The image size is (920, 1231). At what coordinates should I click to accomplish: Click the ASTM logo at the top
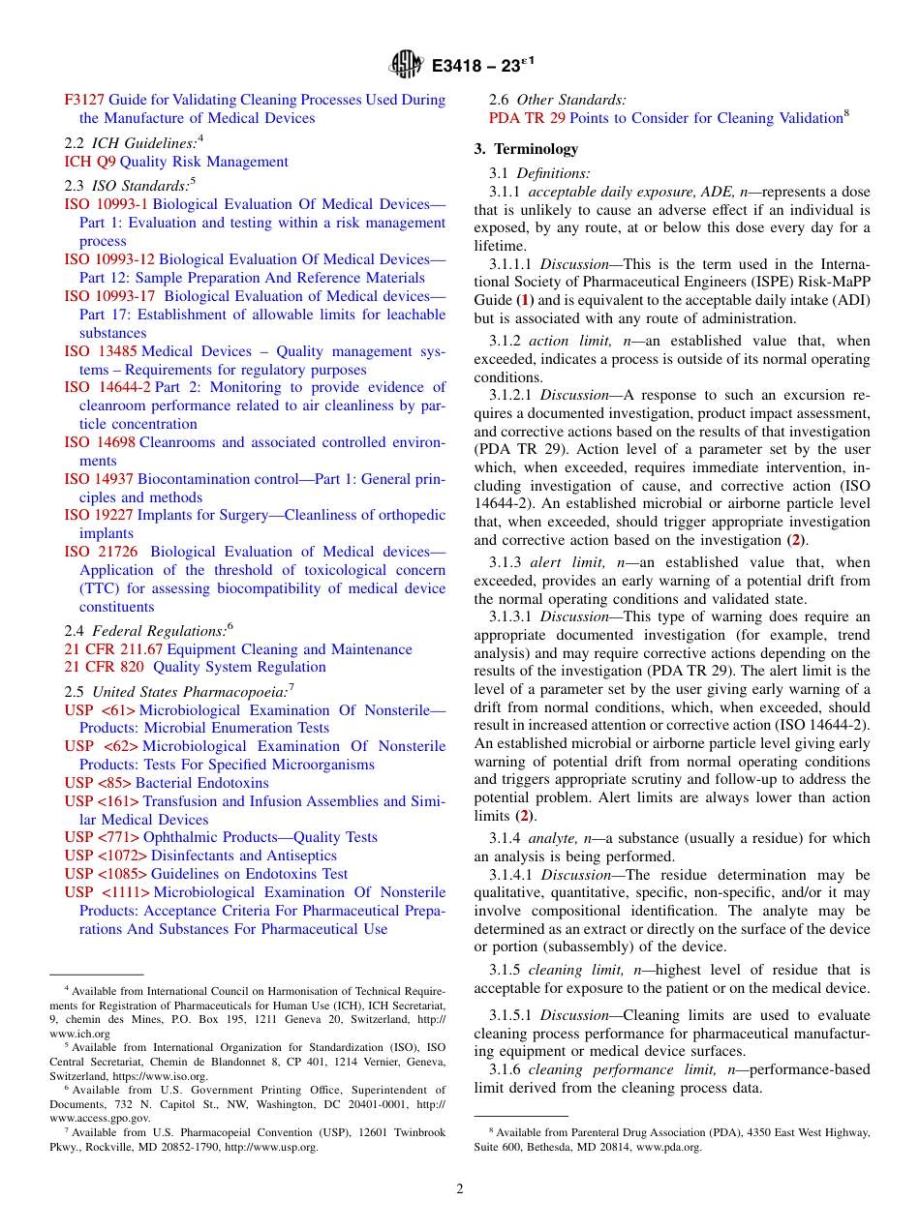[406, 66]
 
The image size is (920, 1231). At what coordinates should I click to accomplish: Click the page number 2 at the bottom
[460, 1189]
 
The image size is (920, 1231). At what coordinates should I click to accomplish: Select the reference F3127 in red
[84, 100]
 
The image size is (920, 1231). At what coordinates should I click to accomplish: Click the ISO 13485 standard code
[101, 351]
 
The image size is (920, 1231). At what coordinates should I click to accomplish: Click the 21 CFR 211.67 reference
[113, 648]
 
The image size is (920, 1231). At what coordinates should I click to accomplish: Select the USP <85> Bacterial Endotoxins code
[98, 783]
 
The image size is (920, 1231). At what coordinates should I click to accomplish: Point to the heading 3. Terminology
[526, 149]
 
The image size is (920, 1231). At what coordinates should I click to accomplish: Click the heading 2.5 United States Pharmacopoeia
[179, 692]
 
